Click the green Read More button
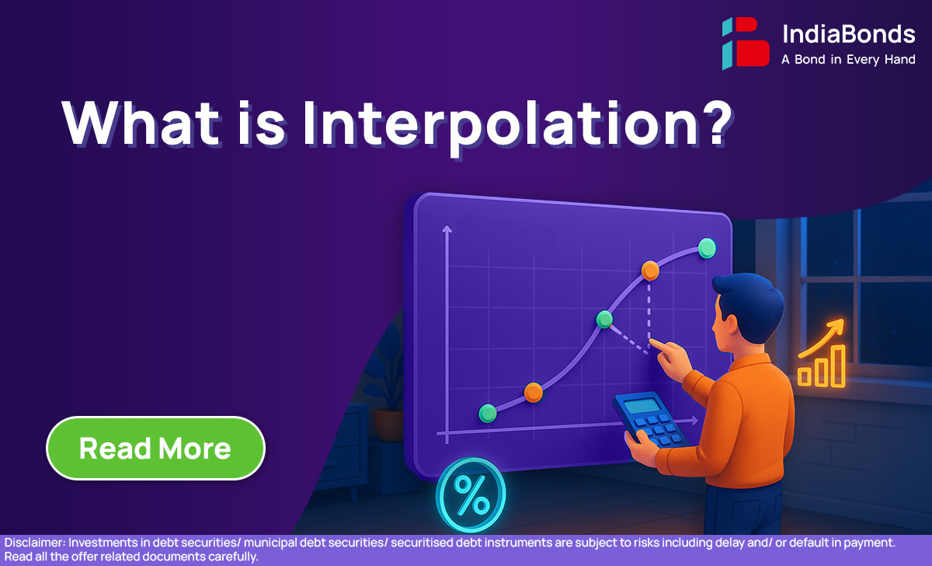(x=155, y=448)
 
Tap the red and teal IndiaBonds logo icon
(x=746, y=43)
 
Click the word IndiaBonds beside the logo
(x=849, y=33)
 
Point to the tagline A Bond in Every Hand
(x=848, y=60)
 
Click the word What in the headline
(x=141, y=124)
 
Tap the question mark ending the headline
(x=718, y=124)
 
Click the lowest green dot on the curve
(x=488, y=414)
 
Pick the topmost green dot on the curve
(x=707, y=249)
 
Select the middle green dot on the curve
(x=604, y=320)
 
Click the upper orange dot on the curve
(x=650, y=271)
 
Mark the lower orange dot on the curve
(x=534, y=393)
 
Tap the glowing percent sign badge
(x=471, y=494)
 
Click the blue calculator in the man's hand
(x=650, y=419)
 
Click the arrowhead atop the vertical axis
(x=447, y=229)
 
